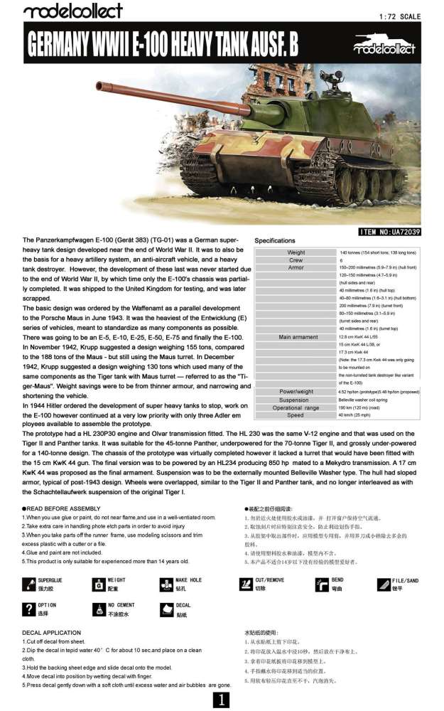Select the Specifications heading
274,241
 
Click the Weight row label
296,253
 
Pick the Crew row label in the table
296,260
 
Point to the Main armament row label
298,337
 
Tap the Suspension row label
296,400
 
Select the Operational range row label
296,407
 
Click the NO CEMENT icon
98,609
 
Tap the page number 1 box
222,700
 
